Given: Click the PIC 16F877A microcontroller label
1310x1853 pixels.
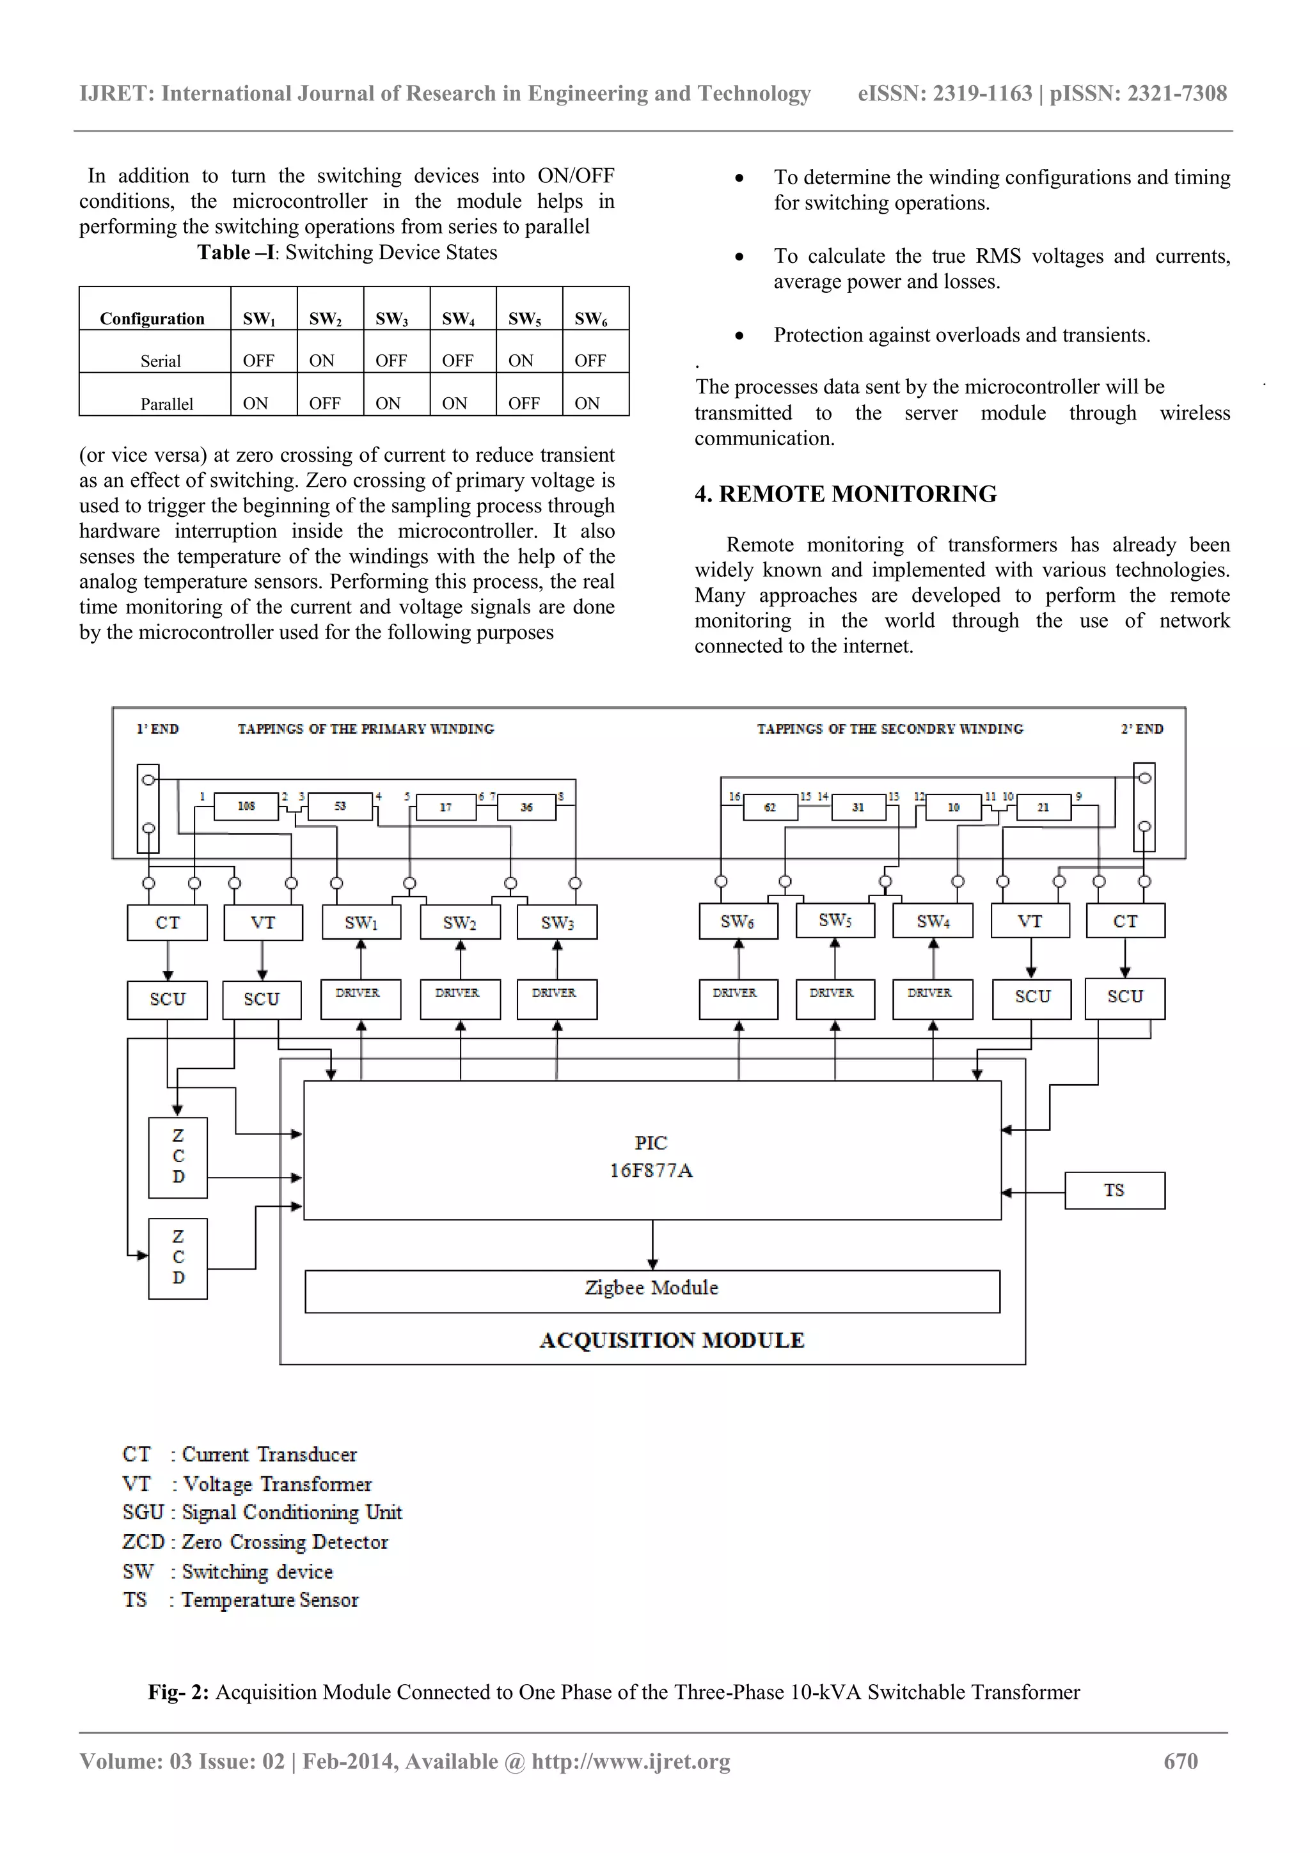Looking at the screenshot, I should tap(651, 1156).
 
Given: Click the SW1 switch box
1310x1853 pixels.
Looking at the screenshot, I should tap(361, 922).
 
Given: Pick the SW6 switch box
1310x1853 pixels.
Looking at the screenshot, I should tap(738, 921).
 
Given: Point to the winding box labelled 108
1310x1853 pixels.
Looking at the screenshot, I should tap(246, 805).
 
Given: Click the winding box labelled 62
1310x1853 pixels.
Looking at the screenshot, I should tap(769, 806).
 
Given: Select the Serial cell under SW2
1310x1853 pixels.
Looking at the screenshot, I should tap(322, 360).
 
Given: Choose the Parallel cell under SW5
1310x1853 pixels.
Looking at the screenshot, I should tap(524, 403).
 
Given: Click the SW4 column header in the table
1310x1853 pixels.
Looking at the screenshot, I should tap(457, 319).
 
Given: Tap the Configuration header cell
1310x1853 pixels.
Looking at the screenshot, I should tap(152, 319).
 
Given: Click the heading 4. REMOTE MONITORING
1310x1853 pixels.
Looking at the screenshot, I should tap(845, 494).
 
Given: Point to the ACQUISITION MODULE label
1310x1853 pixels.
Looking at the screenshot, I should tap(672, 1341).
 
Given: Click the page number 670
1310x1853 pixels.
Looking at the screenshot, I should tap(1180, 1761).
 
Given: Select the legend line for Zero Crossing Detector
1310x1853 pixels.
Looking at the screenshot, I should tap(255, 1542).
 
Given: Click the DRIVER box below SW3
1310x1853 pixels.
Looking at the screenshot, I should tap(555, 998).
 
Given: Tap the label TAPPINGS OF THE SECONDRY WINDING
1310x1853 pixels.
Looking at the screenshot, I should tap(890, 729).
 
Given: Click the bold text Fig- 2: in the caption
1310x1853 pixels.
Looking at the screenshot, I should tap(178, 1692).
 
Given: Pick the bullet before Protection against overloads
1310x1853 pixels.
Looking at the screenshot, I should tap(739, 336).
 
